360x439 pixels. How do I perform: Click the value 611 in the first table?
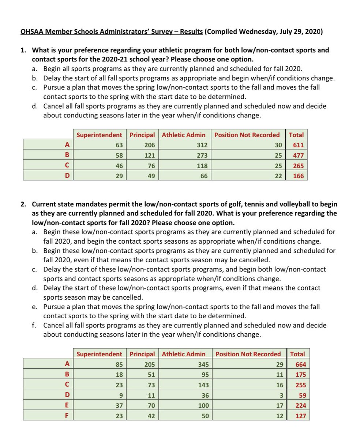(298, 145)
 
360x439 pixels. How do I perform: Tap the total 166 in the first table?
(298, 176)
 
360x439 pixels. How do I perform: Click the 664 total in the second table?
(300, 364)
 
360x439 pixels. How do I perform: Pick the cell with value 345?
(203, 364)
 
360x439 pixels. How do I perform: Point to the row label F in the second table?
(67, 416)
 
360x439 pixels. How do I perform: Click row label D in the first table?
(67, 176)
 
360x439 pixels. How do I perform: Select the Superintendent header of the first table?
(99, 135)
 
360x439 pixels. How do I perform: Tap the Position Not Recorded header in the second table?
(248, 354)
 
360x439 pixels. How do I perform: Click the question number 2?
(23, 204)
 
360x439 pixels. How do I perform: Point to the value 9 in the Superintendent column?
(120, 395)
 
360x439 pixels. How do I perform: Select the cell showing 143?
(203, 385)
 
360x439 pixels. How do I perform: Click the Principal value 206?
(150, 145)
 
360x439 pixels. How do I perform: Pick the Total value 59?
(302, 395)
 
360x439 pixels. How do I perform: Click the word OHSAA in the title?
(31, 31)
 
